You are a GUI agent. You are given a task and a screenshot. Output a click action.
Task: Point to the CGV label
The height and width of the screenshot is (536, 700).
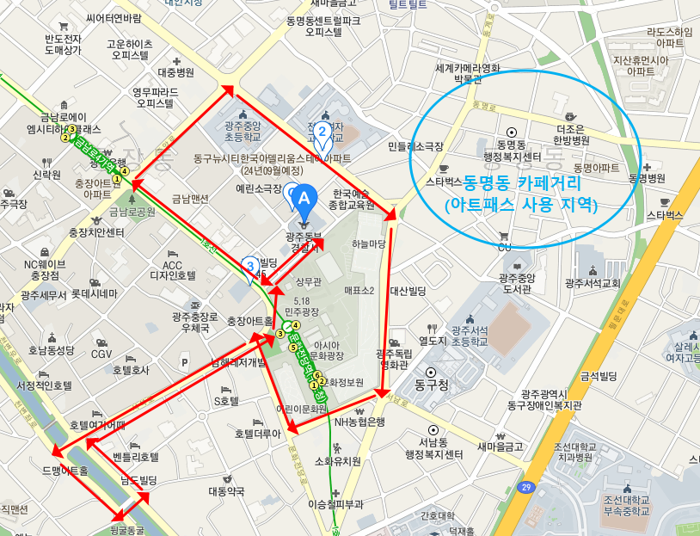tap(101, 354)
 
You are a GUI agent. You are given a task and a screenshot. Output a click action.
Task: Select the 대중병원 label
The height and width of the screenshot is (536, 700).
tap(176, 73)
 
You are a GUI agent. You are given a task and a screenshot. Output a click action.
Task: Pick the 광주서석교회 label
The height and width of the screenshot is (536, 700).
tap(593, 282)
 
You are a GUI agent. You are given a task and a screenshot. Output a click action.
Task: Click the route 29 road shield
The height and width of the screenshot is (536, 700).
tap(525, 487)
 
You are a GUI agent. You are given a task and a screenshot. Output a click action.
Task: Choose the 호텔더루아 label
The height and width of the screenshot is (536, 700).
tap(259, 434)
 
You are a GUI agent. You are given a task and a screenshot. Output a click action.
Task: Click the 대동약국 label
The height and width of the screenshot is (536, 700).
tap(226, 491)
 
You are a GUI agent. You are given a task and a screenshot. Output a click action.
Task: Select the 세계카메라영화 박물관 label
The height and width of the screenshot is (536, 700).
tap(468, 74)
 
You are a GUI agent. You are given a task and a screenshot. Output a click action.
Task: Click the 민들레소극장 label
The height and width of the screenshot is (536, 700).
tap(415, 147)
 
